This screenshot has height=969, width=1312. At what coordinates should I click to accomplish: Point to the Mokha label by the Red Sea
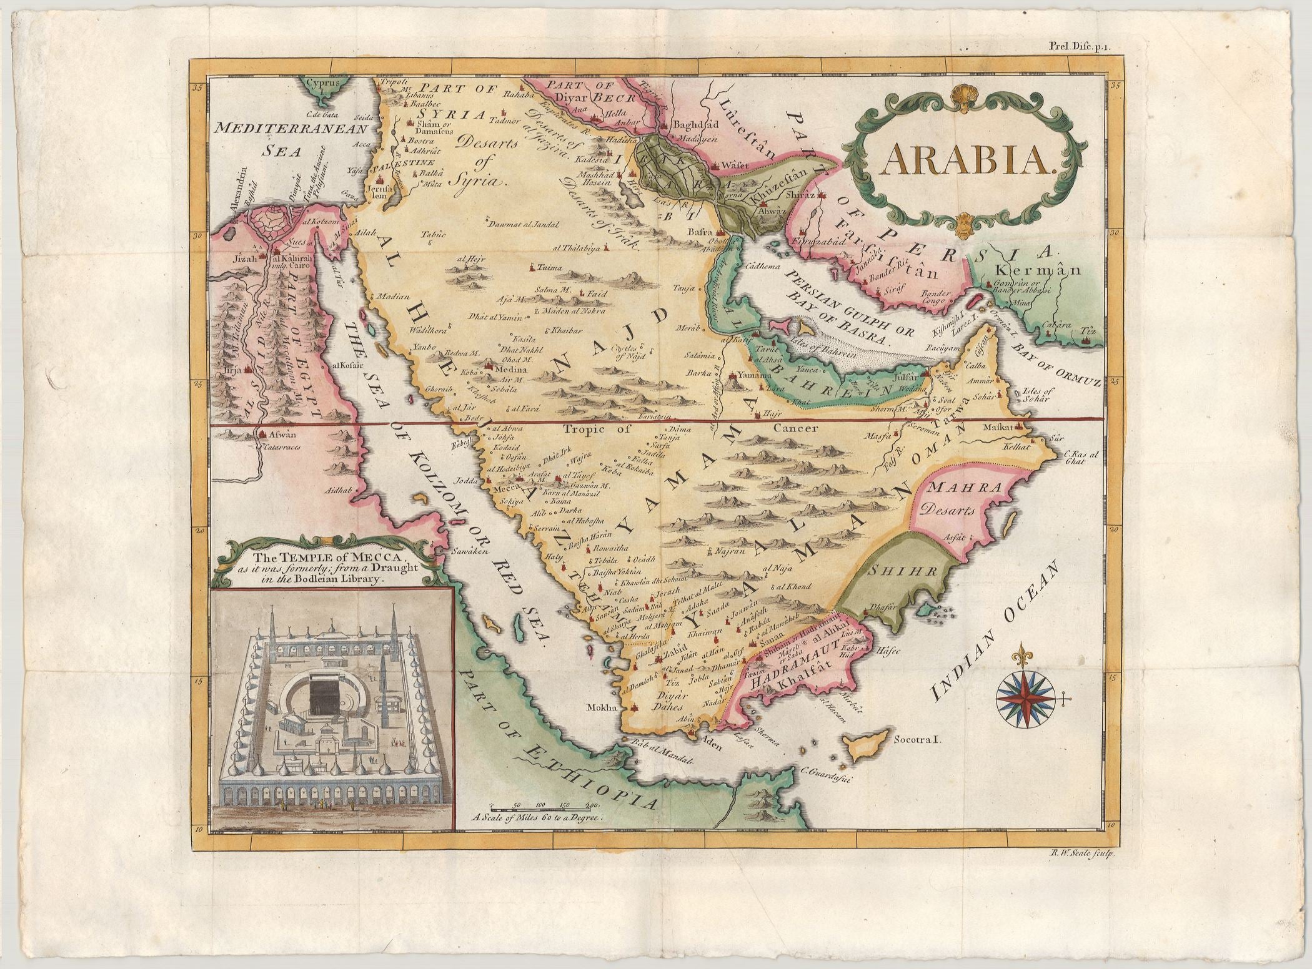602,707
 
